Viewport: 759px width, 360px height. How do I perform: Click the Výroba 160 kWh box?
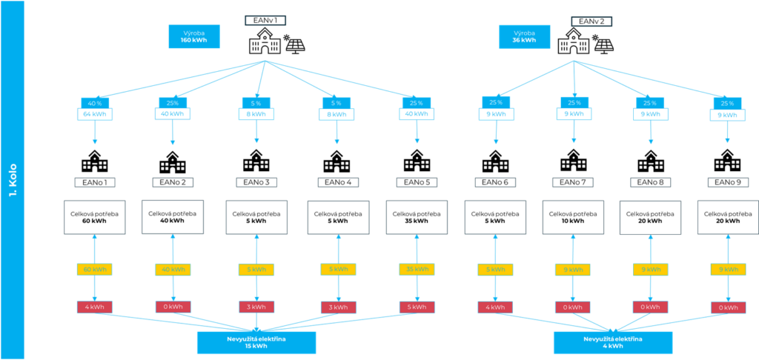point(193,37)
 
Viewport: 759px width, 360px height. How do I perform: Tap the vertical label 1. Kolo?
point(13,180)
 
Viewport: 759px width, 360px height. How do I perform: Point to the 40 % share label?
point(95,102)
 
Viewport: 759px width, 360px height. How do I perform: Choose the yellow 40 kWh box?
point(173,270)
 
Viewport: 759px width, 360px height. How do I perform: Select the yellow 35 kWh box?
point(416,270)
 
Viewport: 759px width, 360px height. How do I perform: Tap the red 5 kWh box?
point(416,307)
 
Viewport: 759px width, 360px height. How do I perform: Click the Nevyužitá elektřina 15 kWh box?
point(256,343)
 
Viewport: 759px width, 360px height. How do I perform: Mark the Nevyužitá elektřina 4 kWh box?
point(612,343)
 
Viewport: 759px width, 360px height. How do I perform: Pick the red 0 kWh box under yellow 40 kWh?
point(173,307)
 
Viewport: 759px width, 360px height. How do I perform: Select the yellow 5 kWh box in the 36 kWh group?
point(494,270)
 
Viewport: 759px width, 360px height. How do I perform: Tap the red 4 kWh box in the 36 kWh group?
point(494,307)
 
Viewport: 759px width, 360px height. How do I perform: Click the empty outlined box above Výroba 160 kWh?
point(265,21)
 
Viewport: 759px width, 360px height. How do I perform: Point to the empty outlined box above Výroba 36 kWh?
point(591,21)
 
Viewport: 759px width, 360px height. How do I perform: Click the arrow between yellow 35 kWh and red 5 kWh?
point(416,288)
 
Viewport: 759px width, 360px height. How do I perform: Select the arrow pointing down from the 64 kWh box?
point(95,133)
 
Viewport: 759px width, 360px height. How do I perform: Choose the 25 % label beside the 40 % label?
point(173,102)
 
